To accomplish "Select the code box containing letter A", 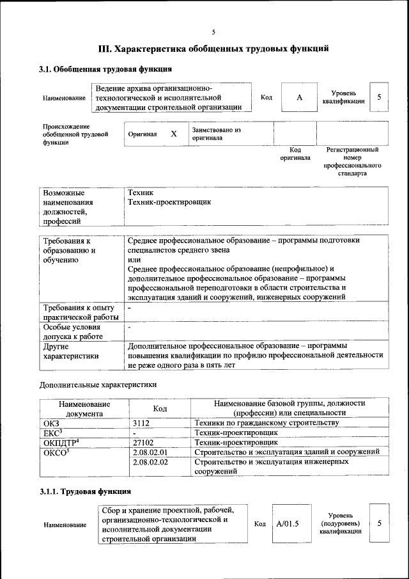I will (298, 97).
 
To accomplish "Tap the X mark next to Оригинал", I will (173, 134).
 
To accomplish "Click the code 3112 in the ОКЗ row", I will (142, 424).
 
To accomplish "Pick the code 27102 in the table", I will (144, 442).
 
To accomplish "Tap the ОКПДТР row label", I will (61, 442).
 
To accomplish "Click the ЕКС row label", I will (52, 433).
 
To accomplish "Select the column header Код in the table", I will (160, 409).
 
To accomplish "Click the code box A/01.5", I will (288, 524).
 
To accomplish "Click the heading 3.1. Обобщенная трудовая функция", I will (105, 69).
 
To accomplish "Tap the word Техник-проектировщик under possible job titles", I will (169, 202).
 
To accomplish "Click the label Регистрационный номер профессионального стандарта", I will (352, 161).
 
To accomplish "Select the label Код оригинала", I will (295, 154).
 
